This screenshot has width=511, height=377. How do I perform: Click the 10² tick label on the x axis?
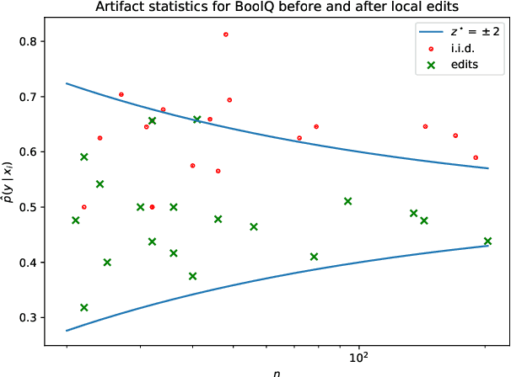(360, 358)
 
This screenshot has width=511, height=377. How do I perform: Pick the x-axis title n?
(277, 373)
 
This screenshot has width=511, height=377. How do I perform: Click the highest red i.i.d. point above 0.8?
(226, 35)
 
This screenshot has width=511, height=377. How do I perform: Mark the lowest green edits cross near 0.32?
(83, 308)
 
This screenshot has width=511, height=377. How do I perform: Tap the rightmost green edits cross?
(487, 242)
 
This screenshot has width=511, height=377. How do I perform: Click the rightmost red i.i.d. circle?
(476, 157)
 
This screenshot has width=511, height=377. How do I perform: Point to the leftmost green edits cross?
(76, 220)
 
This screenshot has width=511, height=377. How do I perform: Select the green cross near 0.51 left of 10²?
(347, 201)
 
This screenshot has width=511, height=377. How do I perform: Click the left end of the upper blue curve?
(66, 83)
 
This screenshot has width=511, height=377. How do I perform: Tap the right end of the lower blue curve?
(488, 246)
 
